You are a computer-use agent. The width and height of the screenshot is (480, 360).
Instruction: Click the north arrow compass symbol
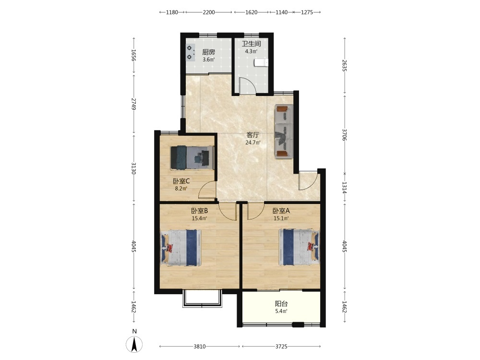coord(134,344)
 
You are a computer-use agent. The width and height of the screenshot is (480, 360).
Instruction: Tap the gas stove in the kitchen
coord(191,52)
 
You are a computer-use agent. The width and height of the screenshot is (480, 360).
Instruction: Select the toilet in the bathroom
coord(261,63)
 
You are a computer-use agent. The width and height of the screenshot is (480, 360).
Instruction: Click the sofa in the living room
coord(284,132)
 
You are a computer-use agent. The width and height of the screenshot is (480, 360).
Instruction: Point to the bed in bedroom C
coord(192,157)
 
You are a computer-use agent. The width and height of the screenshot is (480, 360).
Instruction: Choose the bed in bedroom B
coord(180,247)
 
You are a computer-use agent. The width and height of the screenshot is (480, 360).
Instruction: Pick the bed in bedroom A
coord(299,247)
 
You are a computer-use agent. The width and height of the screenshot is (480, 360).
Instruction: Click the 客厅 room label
coord(253,135)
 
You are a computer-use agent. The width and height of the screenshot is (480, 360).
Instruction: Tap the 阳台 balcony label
coord(281,304)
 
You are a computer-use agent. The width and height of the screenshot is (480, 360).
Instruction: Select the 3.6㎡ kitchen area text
coord(208,60)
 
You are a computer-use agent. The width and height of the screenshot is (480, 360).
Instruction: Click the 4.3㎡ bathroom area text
coord(251,51)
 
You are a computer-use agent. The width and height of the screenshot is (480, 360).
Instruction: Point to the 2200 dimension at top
coord(209,12)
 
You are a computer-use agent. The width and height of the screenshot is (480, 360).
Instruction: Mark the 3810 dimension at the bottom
coord(200,347)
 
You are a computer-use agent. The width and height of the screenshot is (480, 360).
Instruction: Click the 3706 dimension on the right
coord(344,135)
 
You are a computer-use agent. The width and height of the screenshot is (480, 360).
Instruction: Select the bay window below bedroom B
coord(202,299)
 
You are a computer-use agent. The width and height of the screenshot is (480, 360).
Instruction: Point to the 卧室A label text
coord(281,211)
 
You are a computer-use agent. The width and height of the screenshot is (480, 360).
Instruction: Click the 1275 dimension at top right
coord(307,12)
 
